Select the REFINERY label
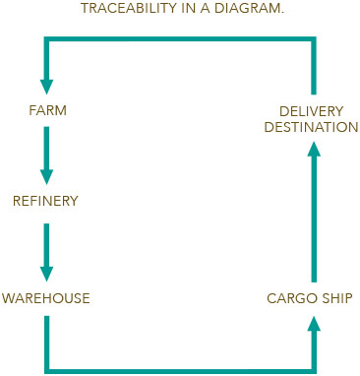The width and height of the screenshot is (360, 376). point(45,201)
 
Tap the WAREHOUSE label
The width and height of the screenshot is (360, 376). point(45,296)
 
